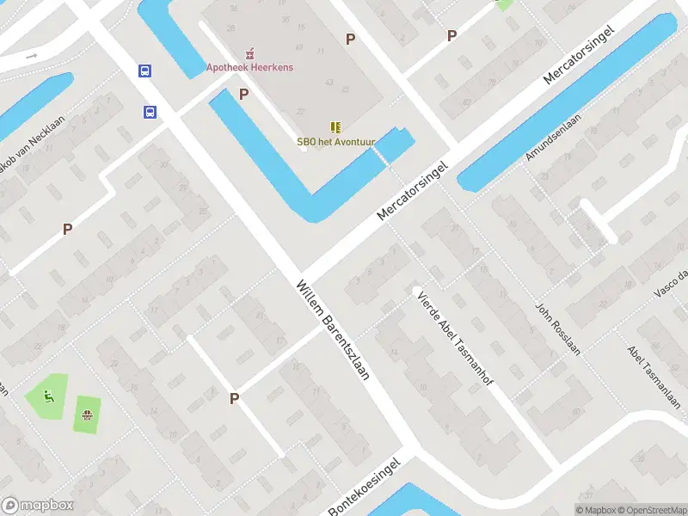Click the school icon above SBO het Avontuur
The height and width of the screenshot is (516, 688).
tap(335, 126)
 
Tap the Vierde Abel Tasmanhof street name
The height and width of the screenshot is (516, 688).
tap(454, 340)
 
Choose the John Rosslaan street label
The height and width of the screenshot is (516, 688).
tap(558, 330)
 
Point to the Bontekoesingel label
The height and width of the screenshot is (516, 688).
tap(365, 488)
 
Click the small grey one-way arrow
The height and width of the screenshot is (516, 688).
tap(32, 56)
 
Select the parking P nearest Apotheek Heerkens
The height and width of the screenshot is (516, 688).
tap(244, 94)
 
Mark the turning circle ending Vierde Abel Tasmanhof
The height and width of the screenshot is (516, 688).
tap(416, 289)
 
